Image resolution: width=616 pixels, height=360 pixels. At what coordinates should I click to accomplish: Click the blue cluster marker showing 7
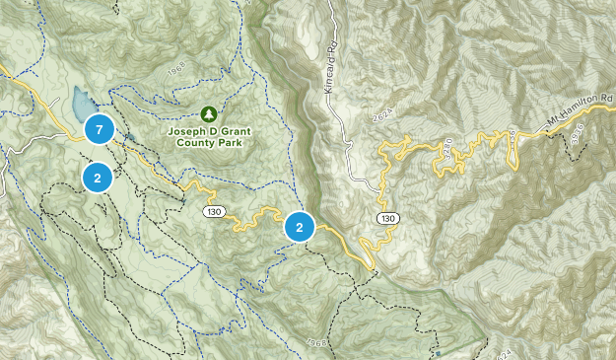99,129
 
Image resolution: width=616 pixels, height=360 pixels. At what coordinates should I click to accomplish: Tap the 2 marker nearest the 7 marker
98,179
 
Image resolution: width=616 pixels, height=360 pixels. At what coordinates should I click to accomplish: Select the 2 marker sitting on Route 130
300,227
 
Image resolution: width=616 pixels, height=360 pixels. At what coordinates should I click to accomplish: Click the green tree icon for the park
208,113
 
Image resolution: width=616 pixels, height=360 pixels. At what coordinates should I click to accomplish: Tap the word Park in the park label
233,142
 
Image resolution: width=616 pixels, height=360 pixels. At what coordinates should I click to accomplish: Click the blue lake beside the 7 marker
79,102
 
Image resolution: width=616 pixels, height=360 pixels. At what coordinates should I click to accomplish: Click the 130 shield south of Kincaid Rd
386,218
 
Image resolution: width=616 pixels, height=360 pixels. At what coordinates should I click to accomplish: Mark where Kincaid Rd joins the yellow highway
380,184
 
